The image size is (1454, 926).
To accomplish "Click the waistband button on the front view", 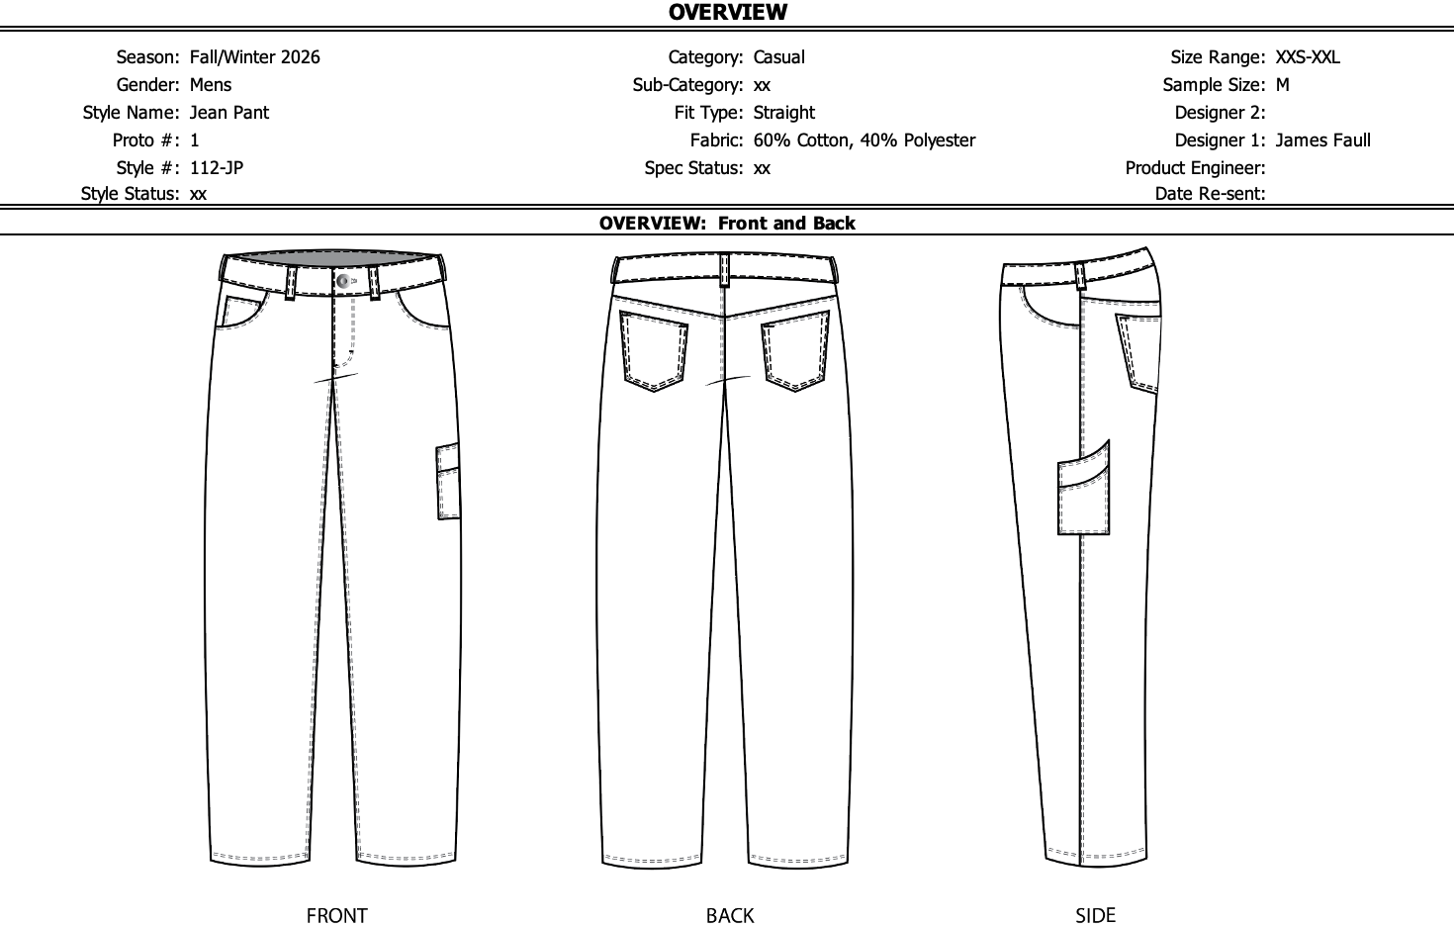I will tap(343, 282).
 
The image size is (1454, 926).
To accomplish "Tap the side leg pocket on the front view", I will tap(449, 483).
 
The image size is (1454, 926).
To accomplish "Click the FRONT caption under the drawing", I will tap(336, 916).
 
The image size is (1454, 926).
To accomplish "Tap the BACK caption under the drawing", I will tap(730, 916).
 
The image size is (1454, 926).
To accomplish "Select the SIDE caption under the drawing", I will tap(1095, 916).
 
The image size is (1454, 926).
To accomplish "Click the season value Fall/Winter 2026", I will tap(255, 57).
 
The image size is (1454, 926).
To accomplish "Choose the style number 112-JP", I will tap(217, 168).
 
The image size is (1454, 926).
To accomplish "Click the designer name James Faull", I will tap(1322, 140).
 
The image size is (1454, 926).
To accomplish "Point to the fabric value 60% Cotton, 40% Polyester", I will tap(863, 140).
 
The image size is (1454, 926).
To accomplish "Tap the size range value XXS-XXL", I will tap(1308, 57).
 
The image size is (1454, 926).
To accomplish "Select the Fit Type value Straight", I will tap(784, 113).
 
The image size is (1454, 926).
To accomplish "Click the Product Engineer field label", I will tap(1195, 168).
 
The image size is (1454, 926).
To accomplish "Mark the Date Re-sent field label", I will tap(1210, 194).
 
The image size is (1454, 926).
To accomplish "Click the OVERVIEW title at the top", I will tap(728, 13).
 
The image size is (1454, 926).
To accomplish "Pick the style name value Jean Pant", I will tap(229, 113).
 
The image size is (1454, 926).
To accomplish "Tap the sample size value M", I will tap(1283, 85).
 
